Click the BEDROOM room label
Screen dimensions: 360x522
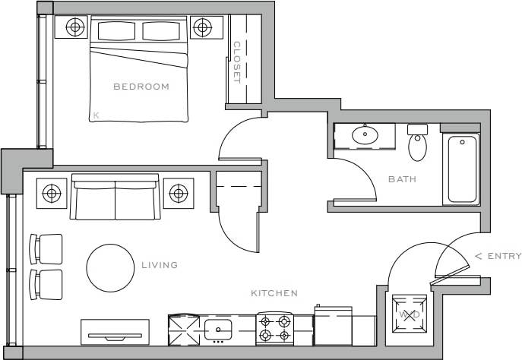[x=141, y=87]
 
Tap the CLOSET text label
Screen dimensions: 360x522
[x=236, y=62]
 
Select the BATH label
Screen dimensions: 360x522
[x=402, y=179]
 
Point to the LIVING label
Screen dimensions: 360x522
[x=160, y=265]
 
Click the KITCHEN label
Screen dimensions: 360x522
[x=274, y=292]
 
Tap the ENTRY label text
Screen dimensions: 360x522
[x=498, y=256]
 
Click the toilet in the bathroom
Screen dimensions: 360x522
[x=418, y=144]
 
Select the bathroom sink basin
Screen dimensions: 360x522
[x=365, y=136]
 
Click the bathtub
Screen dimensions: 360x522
[x=463, y=169]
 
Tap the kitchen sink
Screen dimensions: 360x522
[x=220, y=329]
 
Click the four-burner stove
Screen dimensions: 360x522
[x=274, y=327]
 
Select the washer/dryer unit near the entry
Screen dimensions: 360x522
[x=408, y=313]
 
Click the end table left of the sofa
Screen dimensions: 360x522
[x=52, y=193]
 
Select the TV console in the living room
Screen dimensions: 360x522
[x=114, y=331]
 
